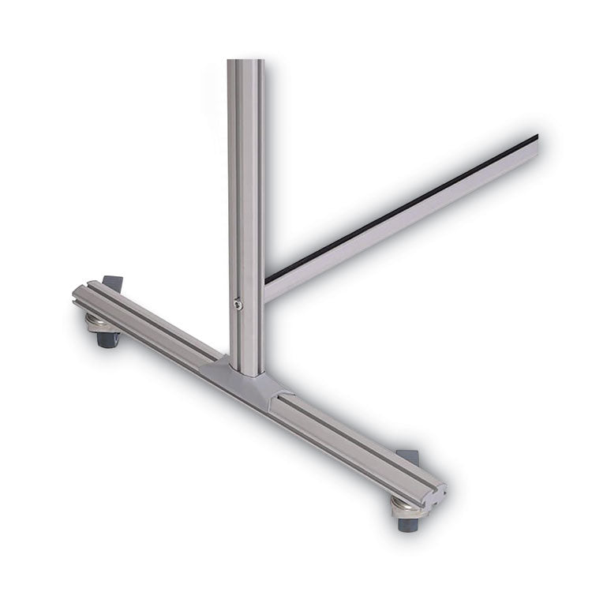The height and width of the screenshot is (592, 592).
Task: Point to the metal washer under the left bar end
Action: tap(101, 324)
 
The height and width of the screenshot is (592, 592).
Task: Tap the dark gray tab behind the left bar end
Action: tap(113, 283)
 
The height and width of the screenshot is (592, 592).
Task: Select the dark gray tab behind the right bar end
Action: tap(409, 457)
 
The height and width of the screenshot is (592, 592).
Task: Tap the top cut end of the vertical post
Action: tap(245, 62)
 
